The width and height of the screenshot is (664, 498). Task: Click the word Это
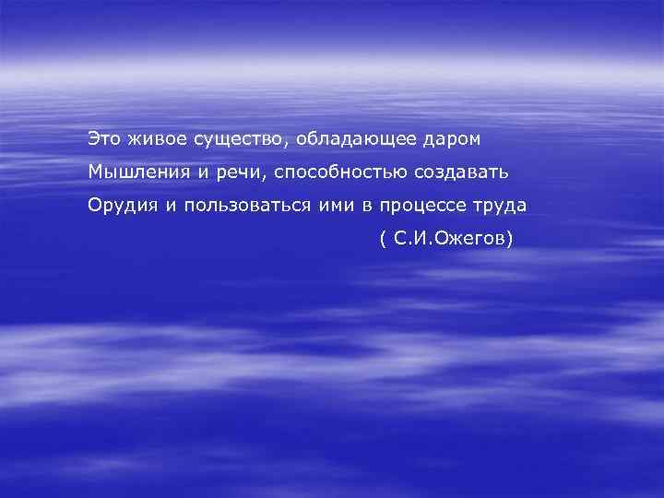point(103,138)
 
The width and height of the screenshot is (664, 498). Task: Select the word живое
point(156,138)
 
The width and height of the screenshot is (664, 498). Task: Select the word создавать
point(467,172)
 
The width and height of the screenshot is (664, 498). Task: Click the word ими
point(327,206)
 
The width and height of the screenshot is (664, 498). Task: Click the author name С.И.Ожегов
point(449,239)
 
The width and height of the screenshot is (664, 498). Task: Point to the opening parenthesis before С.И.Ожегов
point(382,239)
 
